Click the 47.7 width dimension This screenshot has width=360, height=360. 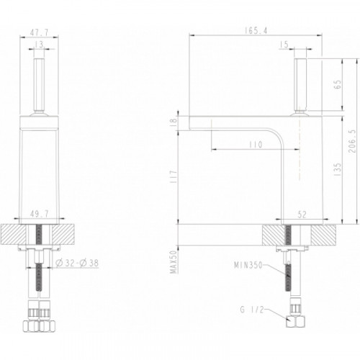(x=39, y=32)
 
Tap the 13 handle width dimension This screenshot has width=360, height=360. (x=39, y=45)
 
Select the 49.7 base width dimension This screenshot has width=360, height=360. (x=40, y=214)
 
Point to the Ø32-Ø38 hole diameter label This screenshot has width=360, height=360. (x=77, y=263)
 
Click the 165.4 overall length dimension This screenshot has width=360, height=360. (x=256, y=30)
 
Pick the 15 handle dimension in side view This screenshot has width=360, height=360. (x=284, y=45)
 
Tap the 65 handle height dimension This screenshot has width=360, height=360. (x=338, y=84)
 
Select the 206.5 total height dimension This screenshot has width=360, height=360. (x=353, y=142)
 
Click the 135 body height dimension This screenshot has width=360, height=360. (x=338, y=170)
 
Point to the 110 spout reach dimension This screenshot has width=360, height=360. (x=256, y=145)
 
